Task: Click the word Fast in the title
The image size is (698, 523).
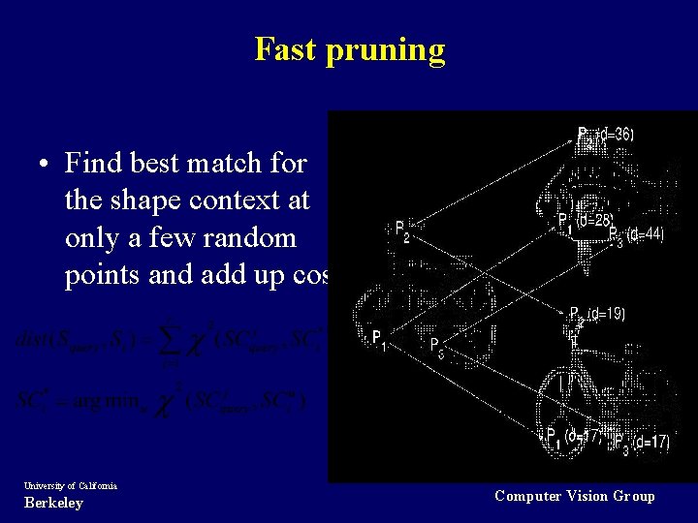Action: [x=287, y=48]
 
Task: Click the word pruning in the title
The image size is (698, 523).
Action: [x=386, y=50]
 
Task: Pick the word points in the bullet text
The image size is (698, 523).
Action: [x=103, y=276]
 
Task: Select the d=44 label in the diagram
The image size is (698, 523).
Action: [x=646, y=234]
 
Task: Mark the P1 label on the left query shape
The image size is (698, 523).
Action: [x=378, y=338]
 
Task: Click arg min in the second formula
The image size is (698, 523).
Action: [x=117, y=401]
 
